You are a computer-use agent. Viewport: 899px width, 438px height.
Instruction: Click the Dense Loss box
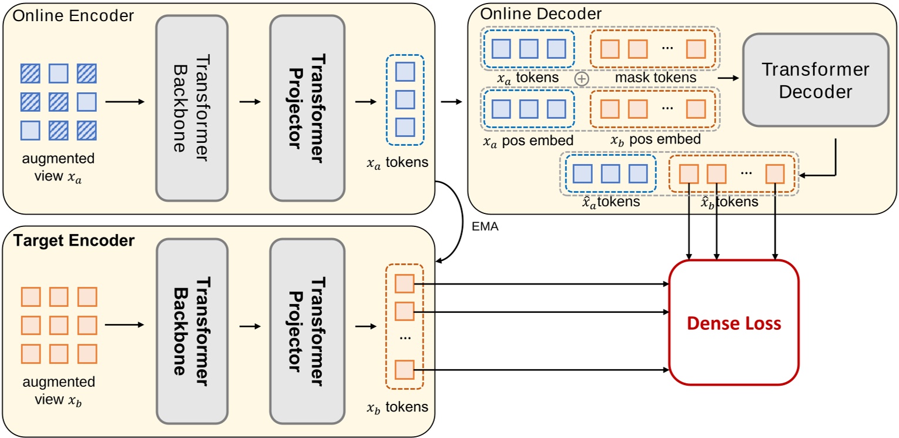pyautogui.click(x=734, y=323)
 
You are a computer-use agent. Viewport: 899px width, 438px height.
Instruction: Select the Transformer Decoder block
pyautogui.click(x=815, y=80)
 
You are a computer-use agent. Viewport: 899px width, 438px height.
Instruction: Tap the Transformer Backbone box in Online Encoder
pyautogui.click(x=192, y=108)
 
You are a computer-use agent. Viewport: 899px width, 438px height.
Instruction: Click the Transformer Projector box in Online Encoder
pyautogui.click(x=307, y=108)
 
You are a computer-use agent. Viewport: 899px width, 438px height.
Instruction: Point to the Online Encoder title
pyautogui.click(x=73, y=16)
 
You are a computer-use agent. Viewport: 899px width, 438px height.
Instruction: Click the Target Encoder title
pyautogui.click(x=73, y=240)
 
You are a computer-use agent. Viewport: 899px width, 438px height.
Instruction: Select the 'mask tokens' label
pyautogui.click(x=655, y=77)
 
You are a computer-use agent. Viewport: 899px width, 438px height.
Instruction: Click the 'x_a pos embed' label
pyautogui.click(x=527, y=141)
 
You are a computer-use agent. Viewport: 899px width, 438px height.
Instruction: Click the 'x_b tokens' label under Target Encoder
pyautogui.click(x=397, y=407)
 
